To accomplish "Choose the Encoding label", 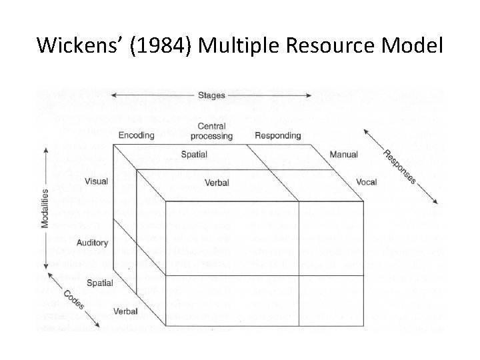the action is (x=136, y=135).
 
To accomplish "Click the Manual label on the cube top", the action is (x=345, y=155).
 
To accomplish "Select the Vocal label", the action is (x=366, y=181).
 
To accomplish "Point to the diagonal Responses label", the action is (x=399, y=167).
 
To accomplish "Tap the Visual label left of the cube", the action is (x=96, y=181).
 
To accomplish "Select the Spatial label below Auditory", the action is (x=99, y=283).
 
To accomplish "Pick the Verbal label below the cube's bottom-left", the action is (x=125, y=311).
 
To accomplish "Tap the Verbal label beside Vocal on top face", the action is (x=217, y=182).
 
